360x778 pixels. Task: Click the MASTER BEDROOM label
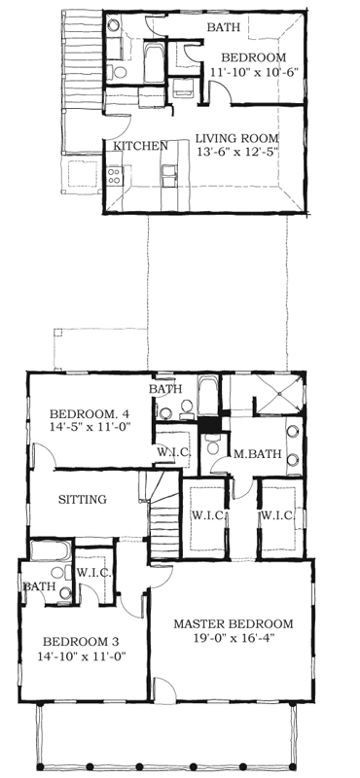point(234,623)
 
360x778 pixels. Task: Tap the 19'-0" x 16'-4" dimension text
point(234,637)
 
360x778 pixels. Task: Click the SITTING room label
point(83,499)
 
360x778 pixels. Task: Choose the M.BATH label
point(258,453)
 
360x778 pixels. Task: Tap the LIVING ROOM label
point(236,138)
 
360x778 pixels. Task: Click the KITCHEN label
point(140,146)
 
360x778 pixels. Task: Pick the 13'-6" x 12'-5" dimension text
point(236,152)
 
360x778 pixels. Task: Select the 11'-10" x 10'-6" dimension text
point(254,71)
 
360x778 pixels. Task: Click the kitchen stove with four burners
point(114,176)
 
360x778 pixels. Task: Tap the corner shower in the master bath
point(279,394)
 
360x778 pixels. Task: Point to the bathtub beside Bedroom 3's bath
point(51,550)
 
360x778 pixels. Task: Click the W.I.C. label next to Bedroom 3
point(93,572)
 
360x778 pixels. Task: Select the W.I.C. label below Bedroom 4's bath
point(172,452)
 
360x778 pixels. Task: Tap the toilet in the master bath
point(213,444)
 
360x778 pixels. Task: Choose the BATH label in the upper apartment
point(224,27)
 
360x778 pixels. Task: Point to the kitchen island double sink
point(169,176)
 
